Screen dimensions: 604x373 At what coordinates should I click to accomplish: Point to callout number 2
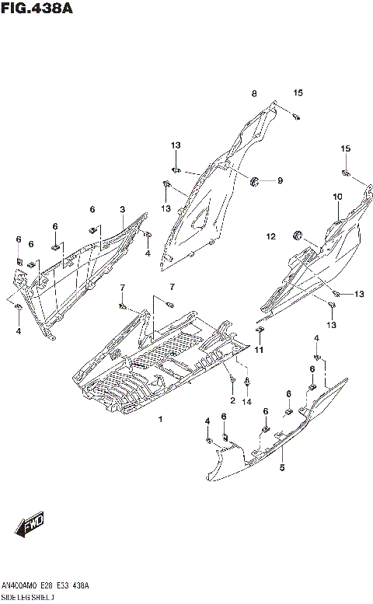pyautogui.click(x=232, y=400)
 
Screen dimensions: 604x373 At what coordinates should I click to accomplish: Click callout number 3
pyautogui.click(x=122, y=210)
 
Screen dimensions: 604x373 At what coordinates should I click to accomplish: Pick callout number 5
pyautogui.click(x=282, y=467)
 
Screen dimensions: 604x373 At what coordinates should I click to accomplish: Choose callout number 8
pyautogui.click(x=253, y=94)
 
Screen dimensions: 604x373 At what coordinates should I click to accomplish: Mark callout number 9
pyautogui.click(x=280, y=181)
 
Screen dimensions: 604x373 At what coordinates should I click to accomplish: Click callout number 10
pyautogui.click(x=338, y=197)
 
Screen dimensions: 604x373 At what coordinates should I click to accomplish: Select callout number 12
pyautogui.click(x=271, y=236)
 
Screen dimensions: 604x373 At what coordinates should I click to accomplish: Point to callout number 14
pyautogui.click(x=247, y=400)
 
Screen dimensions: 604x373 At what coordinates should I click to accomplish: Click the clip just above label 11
pyautogui.click(x=260, y=332)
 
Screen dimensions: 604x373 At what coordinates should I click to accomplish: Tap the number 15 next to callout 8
pyautogui.click(x=298, y=93)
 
